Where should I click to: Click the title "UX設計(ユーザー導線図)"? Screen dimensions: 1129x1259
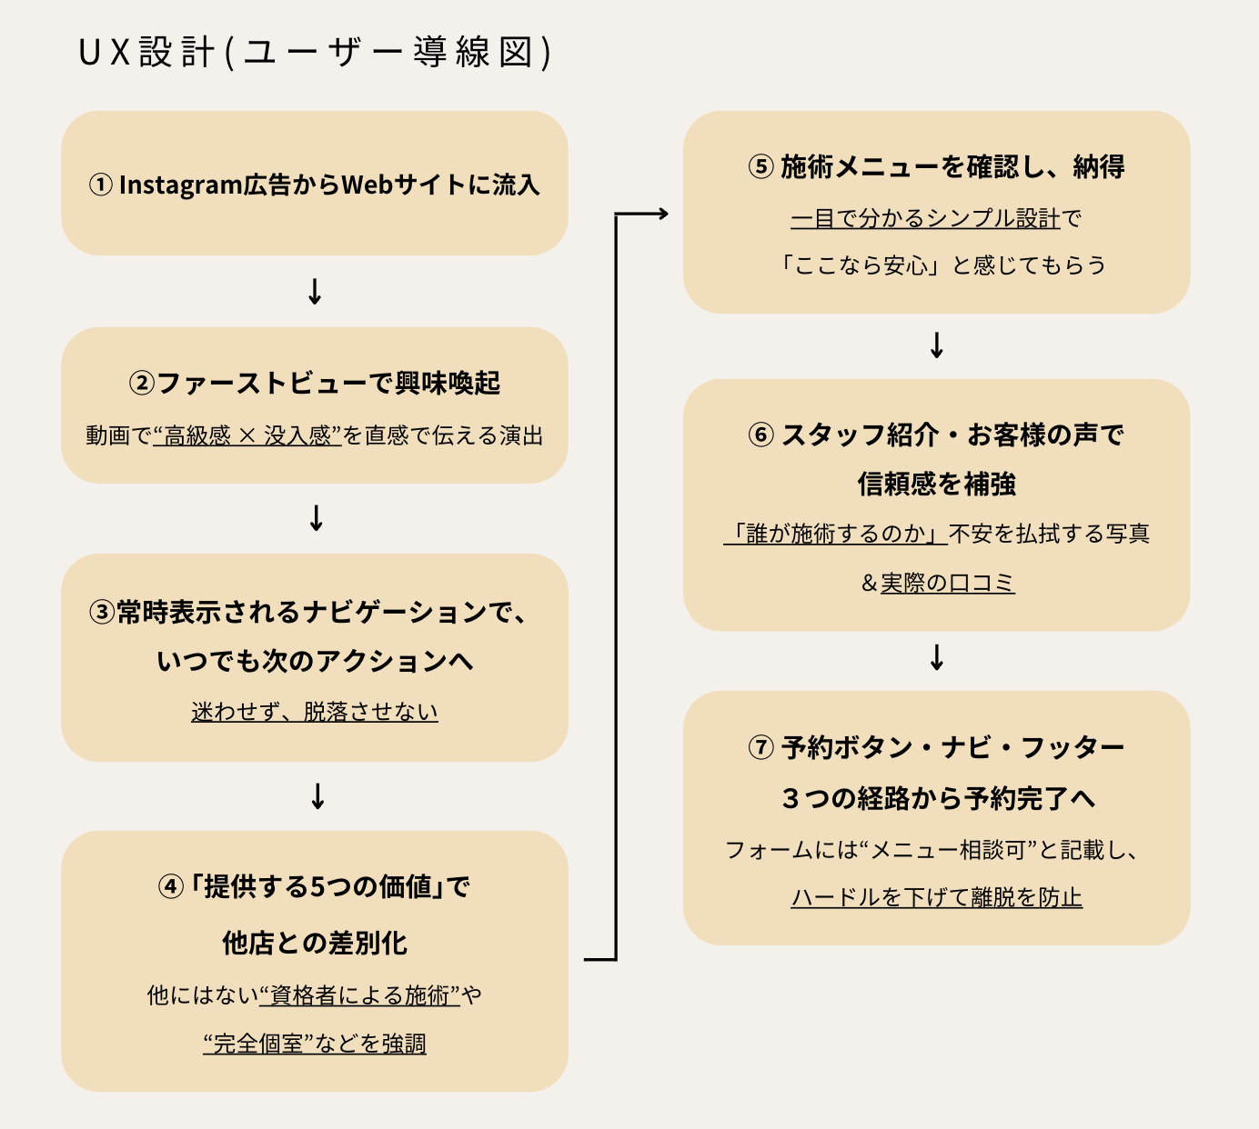[x=315, y=53]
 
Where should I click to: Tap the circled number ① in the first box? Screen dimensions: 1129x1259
[x=100, y=185]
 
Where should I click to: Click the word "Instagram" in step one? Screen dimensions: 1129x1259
[x=180, y=185]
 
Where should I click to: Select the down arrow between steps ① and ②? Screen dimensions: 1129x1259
[x=315, y=292]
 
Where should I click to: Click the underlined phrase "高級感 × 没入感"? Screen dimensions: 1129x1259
[x=247, y=436]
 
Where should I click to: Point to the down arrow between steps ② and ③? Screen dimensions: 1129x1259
[x=316, y=517]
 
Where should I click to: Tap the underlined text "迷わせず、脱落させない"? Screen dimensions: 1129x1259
[x=315, y=712]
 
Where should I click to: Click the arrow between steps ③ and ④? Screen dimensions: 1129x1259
[x=317, y=796]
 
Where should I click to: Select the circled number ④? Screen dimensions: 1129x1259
[x=170, y=887]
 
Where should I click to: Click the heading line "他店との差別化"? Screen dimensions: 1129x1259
[x=315, y=944]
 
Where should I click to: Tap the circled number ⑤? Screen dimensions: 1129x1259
[x=760, y=167]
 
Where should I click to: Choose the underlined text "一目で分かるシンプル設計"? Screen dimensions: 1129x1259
[x=925, y=219]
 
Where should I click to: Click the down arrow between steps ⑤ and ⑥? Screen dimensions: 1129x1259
[x=937, y=345]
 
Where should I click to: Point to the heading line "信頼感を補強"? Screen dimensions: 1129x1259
[x=937, y=485]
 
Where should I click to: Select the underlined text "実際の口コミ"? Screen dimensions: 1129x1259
[x=947, y=583]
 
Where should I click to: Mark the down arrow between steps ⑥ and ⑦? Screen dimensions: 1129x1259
[x=937, y=657]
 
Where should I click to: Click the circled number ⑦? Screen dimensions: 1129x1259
[x=760, y=748]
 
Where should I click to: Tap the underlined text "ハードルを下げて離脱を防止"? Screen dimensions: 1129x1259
[x=937, y=898]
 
